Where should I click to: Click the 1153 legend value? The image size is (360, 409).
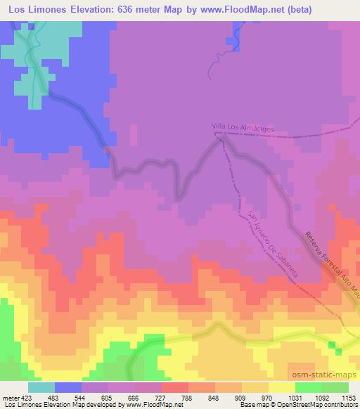347,398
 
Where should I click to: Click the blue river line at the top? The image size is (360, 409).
231,42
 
